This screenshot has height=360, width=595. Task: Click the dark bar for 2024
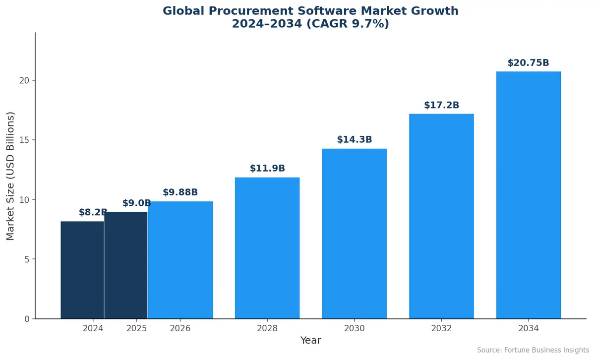(82, 270)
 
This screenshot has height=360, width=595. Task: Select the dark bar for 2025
(126, 265)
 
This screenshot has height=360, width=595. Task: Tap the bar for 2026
(180, 260)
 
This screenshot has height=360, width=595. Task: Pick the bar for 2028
(267, 248)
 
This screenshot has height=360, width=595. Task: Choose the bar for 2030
(354, 234)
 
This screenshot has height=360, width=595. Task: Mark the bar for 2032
(441, 216)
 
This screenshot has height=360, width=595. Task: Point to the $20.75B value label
(529, 63)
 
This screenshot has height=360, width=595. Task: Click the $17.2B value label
(441, 105)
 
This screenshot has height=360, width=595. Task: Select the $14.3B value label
(354, 140)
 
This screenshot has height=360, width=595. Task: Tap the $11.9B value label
(267, 169)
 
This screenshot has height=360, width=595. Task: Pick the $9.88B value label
(180, 192)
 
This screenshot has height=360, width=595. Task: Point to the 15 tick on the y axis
(24, 140)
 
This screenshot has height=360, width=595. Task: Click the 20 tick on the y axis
(24, 80)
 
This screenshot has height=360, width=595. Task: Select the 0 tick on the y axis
(27, 319)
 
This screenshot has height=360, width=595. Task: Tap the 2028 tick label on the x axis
(267, 328)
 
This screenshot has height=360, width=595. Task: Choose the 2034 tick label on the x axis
(529, 328)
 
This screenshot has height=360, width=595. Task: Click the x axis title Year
(311, 341)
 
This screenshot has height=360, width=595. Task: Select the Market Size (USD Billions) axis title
(10, 176)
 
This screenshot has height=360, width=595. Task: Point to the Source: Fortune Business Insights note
(533, 351)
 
